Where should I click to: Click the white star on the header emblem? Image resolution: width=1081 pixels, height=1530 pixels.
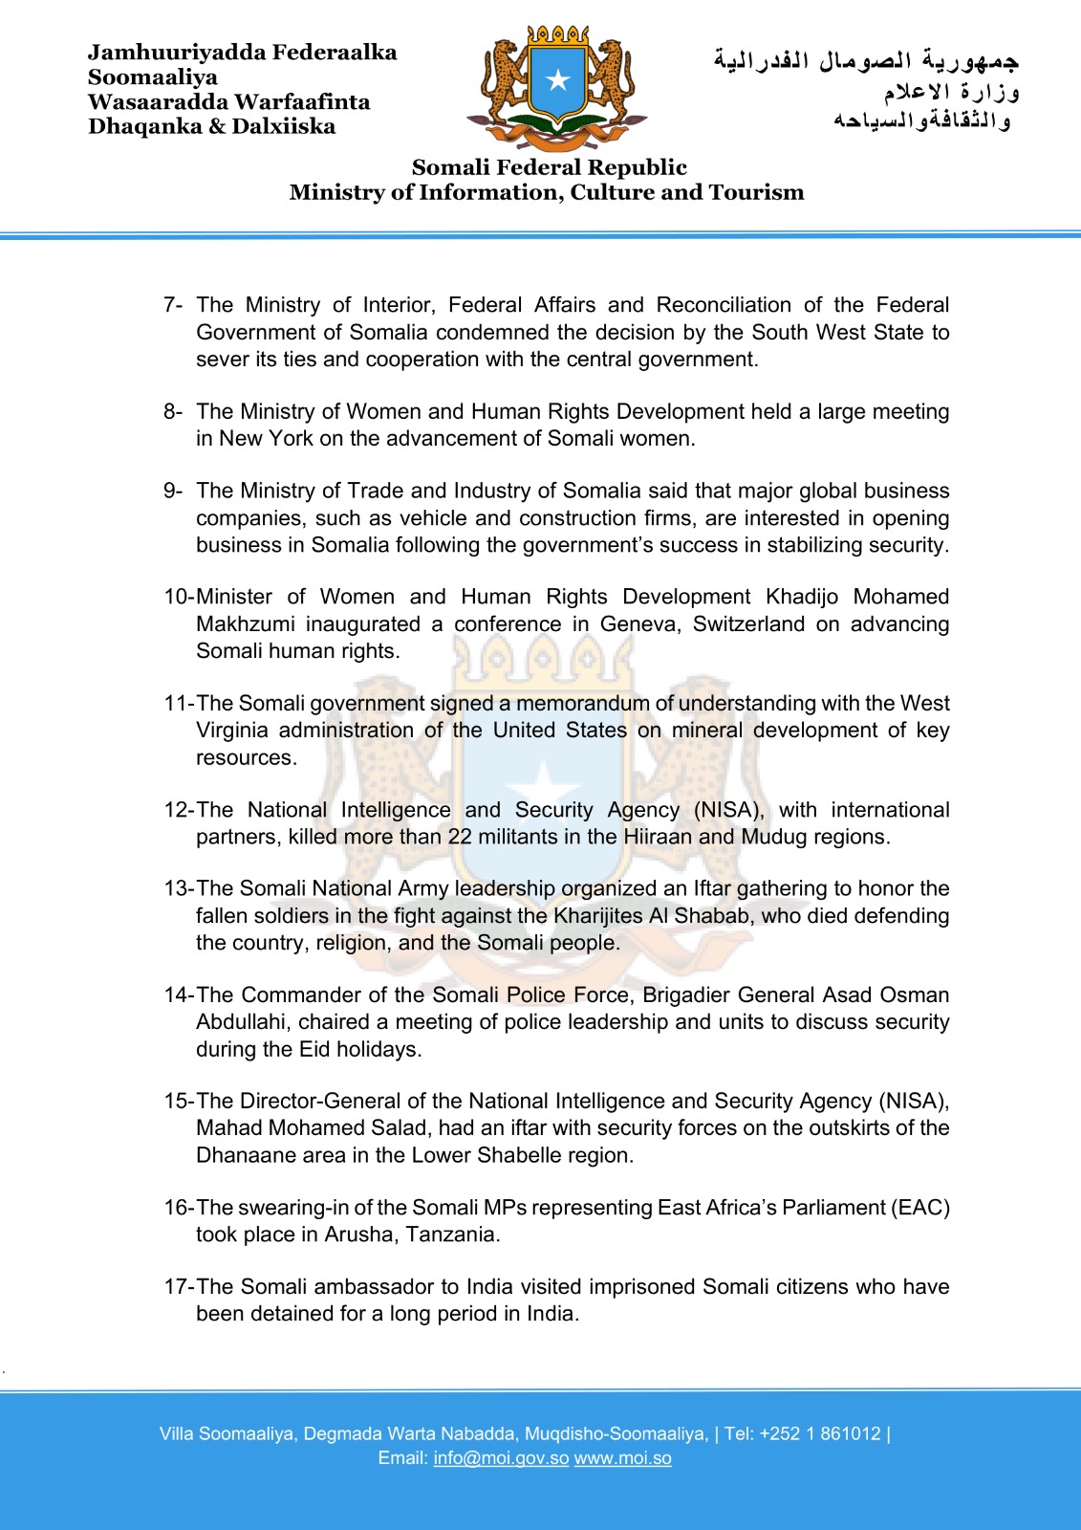click(x=558, y=80)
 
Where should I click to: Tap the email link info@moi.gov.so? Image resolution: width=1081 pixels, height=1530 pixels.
click(x=501, y=1458)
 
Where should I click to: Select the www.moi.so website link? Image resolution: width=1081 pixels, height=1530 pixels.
click(x=622, y=1458)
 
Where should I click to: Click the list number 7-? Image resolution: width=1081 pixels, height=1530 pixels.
click(x=172, y=305)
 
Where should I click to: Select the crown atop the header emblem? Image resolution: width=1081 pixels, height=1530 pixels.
click(x=558, y=34)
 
